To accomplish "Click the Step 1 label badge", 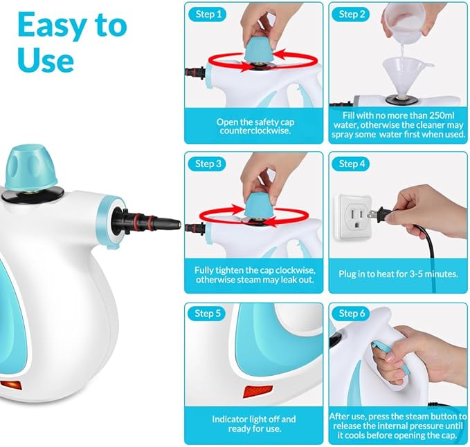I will tap(208, 14).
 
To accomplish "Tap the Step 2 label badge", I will tap(352, 14).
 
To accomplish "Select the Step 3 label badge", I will tap(208, 164).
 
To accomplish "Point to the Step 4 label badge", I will tap(352, 164).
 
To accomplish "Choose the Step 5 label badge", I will tap(208, 313).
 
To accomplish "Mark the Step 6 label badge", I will tap(352, 313).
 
